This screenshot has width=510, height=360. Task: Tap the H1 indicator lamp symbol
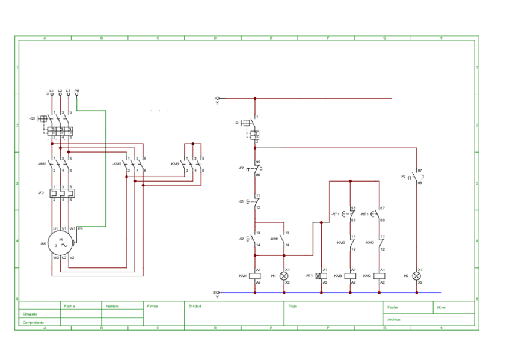click(284, 276)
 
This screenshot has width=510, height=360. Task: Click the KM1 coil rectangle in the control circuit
click(255, 276)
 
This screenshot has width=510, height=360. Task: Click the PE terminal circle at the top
click(77, 94)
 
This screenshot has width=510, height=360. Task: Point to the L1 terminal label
click(52, 90)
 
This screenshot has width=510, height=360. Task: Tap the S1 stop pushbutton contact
click(254, 201)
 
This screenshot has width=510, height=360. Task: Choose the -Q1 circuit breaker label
click(33, 118)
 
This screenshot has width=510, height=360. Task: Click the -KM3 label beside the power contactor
click(174, 164)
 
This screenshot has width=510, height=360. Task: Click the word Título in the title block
click(293, 306)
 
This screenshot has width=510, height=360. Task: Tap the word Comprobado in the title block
click(33, 323)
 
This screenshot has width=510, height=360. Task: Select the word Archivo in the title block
click(394, 319)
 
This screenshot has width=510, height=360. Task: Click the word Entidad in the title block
click(195, 306)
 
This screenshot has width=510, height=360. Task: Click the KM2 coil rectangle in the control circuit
click(379, 276)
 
